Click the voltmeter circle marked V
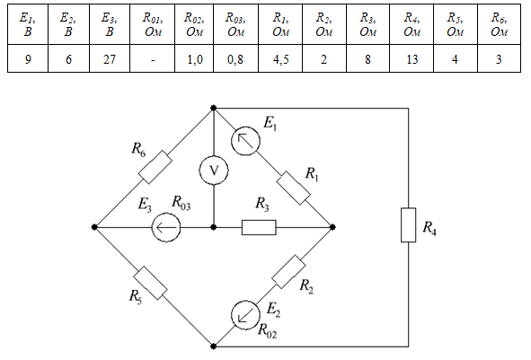[214, 171]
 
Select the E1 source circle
[245, 141]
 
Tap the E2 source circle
[245, 315]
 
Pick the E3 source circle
[166, 227]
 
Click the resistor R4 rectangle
[409, 225]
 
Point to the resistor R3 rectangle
[259, 227]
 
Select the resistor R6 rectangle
[155, 167]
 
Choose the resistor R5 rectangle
[150, 283]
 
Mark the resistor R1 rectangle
[293, 189]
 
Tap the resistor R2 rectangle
[288, 272]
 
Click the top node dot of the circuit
[213, 108]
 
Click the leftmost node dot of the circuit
[94, 227]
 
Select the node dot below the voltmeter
[213, 227]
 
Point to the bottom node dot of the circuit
[213, 347]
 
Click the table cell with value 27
[110, 58]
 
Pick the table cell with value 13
[412, 58]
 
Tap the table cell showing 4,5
[280, 58]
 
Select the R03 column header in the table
[235, 24]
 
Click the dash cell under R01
[152, 58]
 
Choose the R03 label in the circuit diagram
[181, 203]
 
